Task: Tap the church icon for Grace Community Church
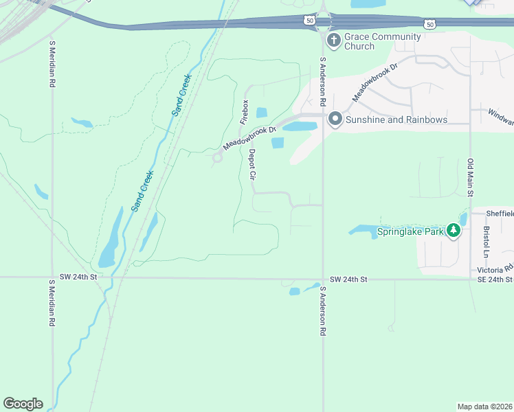[x=334, y=40]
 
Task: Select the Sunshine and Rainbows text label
[x=396, y=119]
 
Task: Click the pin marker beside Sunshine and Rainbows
[x=335, y=119]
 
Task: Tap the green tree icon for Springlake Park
[x=453, y=231]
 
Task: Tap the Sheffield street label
[x=500, y=214]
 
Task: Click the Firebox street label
[x=243, y=111]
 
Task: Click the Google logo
[x=23, y=403]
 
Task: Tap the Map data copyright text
[x=485, y=406]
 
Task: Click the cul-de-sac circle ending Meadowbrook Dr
[x=218, y=157]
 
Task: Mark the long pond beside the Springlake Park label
[x=361, y=229]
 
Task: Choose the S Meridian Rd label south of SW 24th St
[x=52, y=302]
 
